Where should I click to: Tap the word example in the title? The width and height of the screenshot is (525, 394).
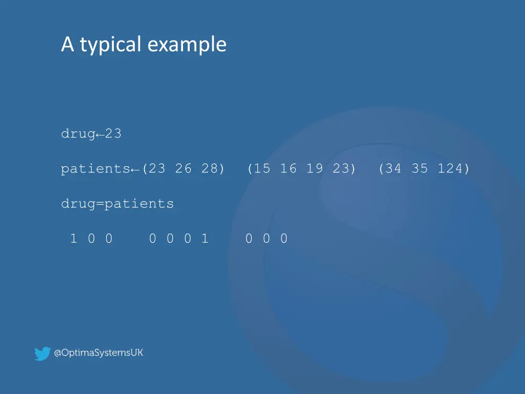187,45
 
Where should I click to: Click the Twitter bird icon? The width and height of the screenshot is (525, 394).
42,353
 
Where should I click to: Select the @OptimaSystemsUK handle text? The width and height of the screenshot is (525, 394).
99,353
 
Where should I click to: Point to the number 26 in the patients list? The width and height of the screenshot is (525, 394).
183,169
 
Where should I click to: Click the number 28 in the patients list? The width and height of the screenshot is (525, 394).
209,169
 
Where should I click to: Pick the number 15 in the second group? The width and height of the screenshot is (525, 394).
262,169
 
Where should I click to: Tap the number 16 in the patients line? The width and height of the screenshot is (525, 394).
288,169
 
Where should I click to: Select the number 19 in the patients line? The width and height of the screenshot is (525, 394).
314,169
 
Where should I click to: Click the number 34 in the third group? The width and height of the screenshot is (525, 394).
393,169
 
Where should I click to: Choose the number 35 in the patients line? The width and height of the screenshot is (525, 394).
419,169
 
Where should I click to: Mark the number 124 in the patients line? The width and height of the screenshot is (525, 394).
450,169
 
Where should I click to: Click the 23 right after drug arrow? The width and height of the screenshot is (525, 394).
113,134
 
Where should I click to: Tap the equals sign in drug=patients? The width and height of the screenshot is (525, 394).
100,204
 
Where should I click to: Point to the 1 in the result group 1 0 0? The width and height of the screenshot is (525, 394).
74,239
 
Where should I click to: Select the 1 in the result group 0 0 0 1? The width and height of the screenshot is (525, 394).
205,239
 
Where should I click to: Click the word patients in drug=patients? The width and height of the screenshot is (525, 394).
139,204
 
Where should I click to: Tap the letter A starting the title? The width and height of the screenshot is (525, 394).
67,45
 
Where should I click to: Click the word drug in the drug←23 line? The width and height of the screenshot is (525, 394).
78,134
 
